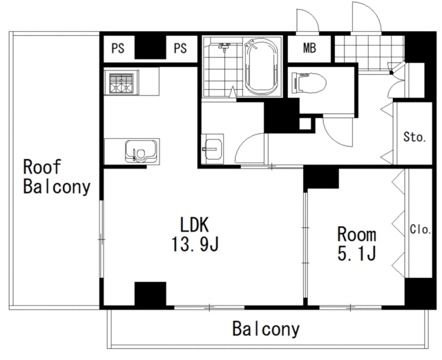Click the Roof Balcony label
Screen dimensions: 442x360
click(57, 177)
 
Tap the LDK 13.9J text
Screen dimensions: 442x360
click(195, 234)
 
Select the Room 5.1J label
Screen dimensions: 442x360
click(357, 243)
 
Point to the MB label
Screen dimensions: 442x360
click(309, 48)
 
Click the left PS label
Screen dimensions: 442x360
click(118, 48)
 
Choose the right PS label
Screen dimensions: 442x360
click(180, 48)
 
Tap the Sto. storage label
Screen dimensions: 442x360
click(414, 137)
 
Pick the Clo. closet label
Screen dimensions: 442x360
click(420, 229)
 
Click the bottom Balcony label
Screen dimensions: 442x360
click(266, 329)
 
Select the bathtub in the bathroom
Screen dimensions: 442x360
click(262, 66)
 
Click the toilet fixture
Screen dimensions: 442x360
click(309, 83)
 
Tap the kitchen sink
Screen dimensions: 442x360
click(141, 151)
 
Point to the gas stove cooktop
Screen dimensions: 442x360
click(122, 83)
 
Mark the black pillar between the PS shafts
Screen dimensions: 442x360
click(151, 48)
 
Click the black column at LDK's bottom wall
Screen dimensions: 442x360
click(151, 294)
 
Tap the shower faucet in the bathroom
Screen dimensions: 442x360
click(224, 47)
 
